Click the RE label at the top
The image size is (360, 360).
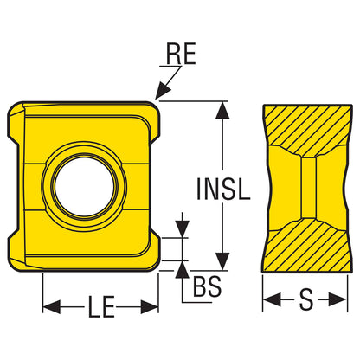coord(181,54)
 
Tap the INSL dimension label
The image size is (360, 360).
coord(223,189)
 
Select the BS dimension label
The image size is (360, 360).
coord(208,286)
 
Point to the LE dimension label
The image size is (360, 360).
coord(100,306)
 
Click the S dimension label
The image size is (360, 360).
coord(305,299)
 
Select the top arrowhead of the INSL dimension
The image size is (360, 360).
coord(222,110)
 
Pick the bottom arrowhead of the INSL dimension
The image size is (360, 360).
coord(222,261)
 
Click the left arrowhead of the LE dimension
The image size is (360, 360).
coord(52,306)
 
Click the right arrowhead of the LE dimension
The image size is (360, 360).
coord(150,306)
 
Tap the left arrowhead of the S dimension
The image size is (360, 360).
coord(272,300)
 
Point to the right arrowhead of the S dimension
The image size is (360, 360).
coord(337,300)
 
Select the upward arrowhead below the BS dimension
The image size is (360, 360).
coord(182,269)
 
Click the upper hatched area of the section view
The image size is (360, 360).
coord(308,127)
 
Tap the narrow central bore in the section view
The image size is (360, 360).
coord(309,188)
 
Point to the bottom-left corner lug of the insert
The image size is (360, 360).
coord(16,251)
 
